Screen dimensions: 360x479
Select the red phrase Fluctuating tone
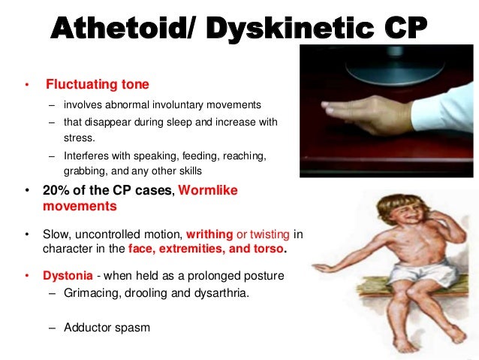(97, 84)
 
